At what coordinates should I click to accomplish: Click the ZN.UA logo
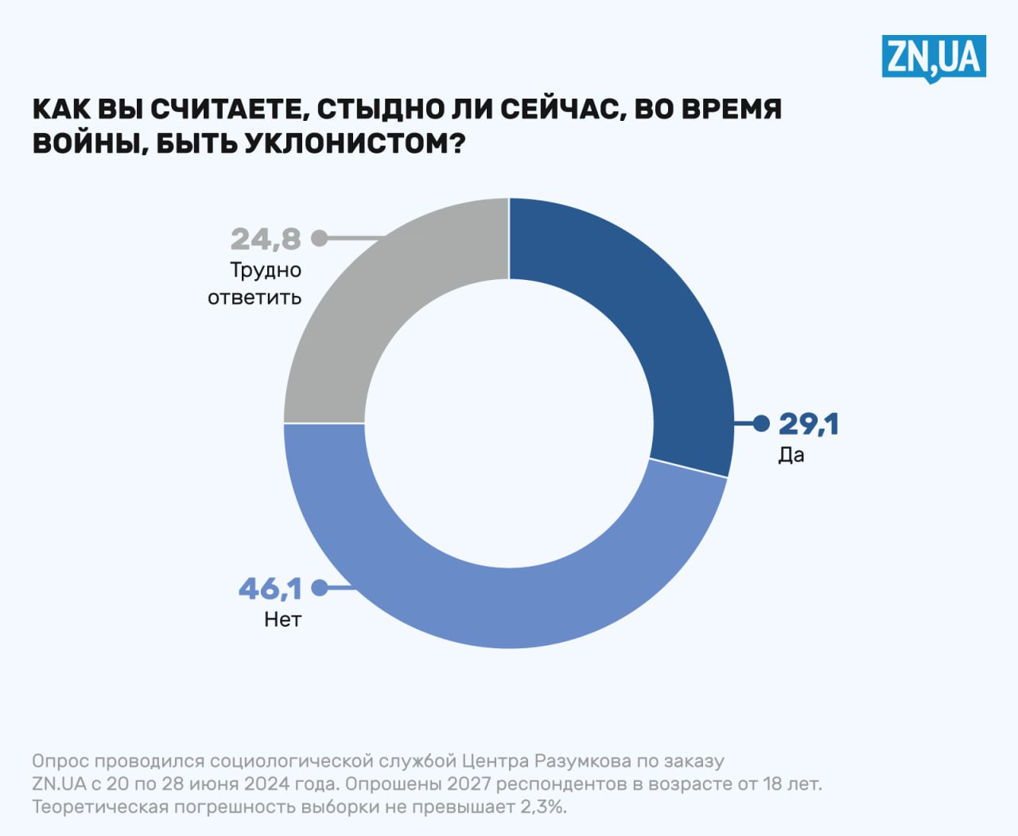point(933,57)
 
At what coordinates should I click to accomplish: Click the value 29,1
point(808,424)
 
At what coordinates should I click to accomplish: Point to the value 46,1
point(270,589)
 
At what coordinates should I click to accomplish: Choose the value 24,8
point(266,239)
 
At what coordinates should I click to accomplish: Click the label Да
point(791,456)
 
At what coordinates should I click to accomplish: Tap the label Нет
point(282,620)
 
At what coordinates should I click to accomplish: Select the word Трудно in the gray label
point(266,270)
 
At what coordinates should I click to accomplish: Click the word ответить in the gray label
point(254,297)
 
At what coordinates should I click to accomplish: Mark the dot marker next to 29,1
point(761,423)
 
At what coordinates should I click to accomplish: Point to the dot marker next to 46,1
point(319,588)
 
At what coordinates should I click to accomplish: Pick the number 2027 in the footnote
point(468,784)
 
